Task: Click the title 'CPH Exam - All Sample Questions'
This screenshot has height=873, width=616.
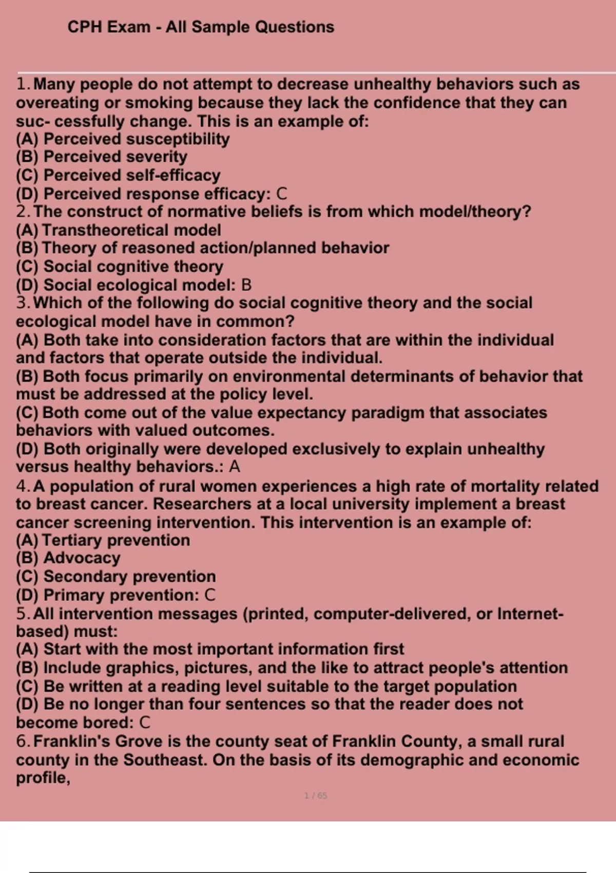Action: tap(201, 27)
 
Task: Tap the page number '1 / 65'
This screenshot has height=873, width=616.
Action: tap(315, 795)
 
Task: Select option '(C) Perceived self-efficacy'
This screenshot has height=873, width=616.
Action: tap(118, 175)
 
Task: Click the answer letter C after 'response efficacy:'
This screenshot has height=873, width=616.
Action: tap(281, 194)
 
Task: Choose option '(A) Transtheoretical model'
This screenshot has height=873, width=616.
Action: tap(118, 230)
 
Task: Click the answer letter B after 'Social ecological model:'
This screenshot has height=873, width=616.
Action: tap(246, 285)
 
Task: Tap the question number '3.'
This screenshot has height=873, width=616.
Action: tap(24, 303)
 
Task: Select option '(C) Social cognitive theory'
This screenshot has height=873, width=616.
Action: tap(120, 267)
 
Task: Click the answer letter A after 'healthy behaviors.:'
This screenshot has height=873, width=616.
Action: tap(235, 467)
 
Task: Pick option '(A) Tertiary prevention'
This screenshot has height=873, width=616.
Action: tap(103, 540)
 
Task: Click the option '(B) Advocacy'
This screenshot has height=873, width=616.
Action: tap(68, 558)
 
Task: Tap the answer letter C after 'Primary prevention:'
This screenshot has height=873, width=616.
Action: tap(209, 595)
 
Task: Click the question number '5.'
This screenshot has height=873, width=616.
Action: tap(24, 614)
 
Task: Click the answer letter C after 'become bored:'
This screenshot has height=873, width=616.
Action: tap(145, 723)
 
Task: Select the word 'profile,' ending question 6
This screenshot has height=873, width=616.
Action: tap(43, 779)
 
